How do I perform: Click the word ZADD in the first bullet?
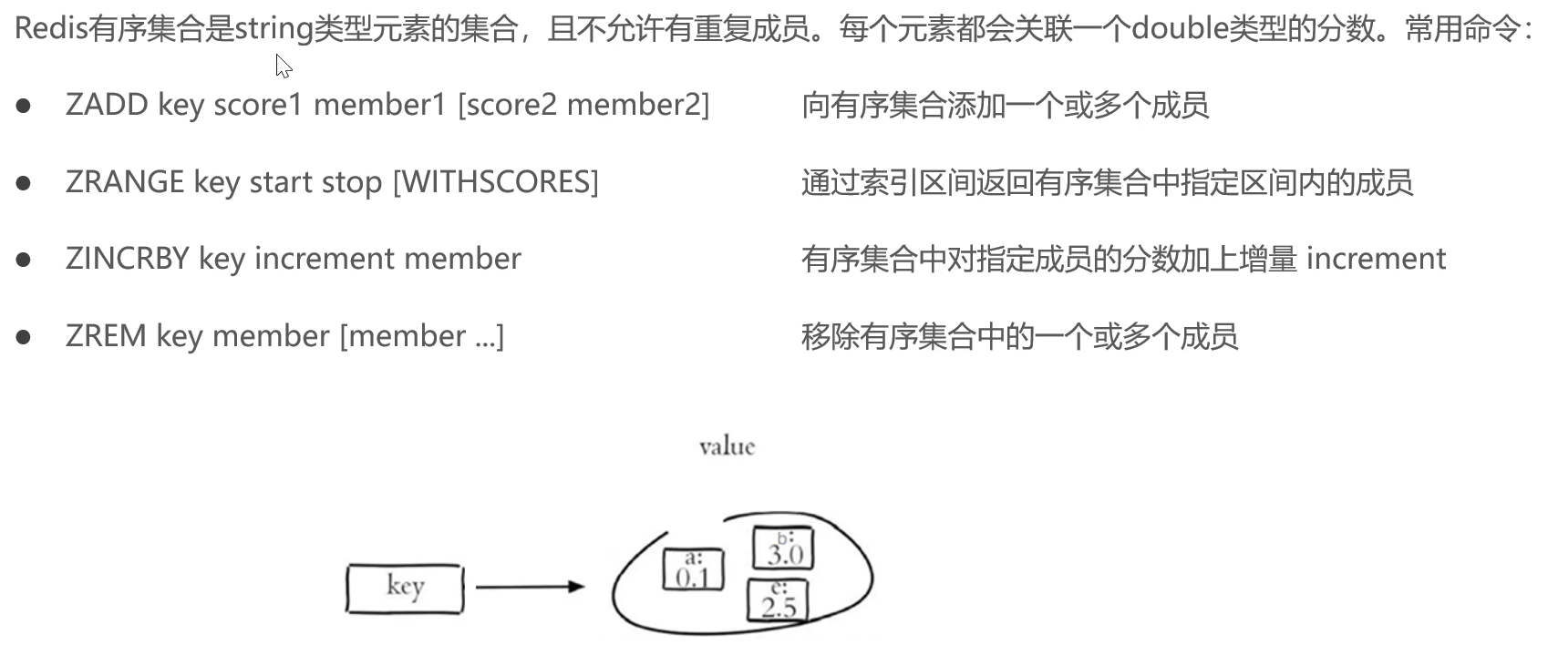pyautogui.click(x=107, y=105)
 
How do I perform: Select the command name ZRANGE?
pyautogui.click(x=125, y=182)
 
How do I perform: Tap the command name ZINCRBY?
pyautogui.click(x=127, y=259)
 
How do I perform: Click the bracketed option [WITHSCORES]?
pyautogui.click(x=496, y=182)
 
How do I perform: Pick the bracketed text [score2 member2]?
pyautogui.click(x=583, y=105)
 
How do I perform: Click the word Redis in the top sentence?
pyautogui.click(x=51, y=29)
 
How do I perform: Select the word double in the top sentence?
pyautogui.click(x=1181, y=29)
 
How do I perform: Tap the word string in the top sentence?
pyautogui.click(x=274, y=29)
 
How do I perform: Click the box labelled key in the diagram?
pyautogui.click(x=405, y=588)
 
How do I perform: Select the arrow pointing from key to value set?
pyautogui.click(x=530, y=587)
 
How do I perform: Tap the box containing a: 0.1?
pyautogui.click(x=693, y=569)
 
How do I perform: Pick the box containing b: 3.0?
pyautogui.click(x=783, y=548)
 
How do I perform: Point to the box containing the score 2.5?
pyautogui.click(x=778, y=602)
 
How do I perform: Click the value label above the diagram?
pyautogui.click(x=727, y=446)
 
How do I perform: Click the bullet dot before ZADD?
pyautogui.click(x=24, y=106)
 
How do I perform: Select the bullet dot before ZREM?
pyautogui.click(x=24, y=337)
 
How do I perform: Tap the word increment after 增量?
pyautogui.click(x=1376, y=259)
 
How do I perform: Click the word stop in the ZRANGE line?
pyautogui.click(x=352, y=182)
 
